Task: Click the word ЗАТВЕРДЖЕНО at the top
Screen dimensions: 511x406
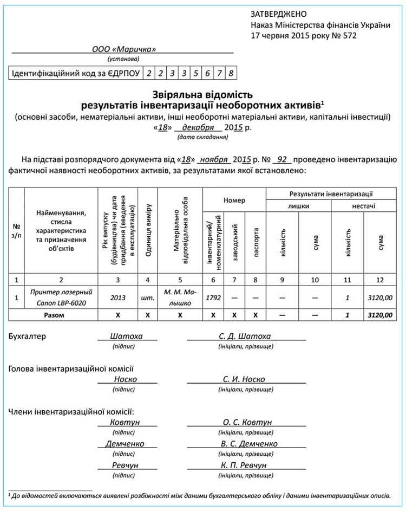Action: (278, 14)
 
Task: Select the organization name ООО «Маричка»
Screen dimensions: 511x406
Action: (123, 49)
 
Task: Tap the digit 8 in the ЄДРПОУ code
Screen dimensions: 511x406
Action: (231, 73)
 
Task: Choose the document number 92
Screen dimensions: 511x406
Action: (281, 160)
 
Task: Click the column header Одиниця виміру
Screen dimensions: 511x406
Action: (149, 231)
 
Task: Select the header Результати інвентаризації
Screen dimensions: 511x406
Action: (331, 193)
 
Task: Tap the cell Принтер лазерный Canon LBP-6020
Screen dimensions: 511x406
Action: (61, 297)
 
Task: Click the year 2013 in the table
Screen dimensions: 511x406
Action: (117, 297)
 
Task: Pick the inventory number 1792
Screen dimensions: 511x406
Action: (213, 297)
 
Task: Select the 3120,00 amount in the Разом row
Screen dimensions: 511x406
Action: (379, 315)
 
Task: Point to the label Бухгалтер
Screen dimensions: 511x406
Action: (28, 336)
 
